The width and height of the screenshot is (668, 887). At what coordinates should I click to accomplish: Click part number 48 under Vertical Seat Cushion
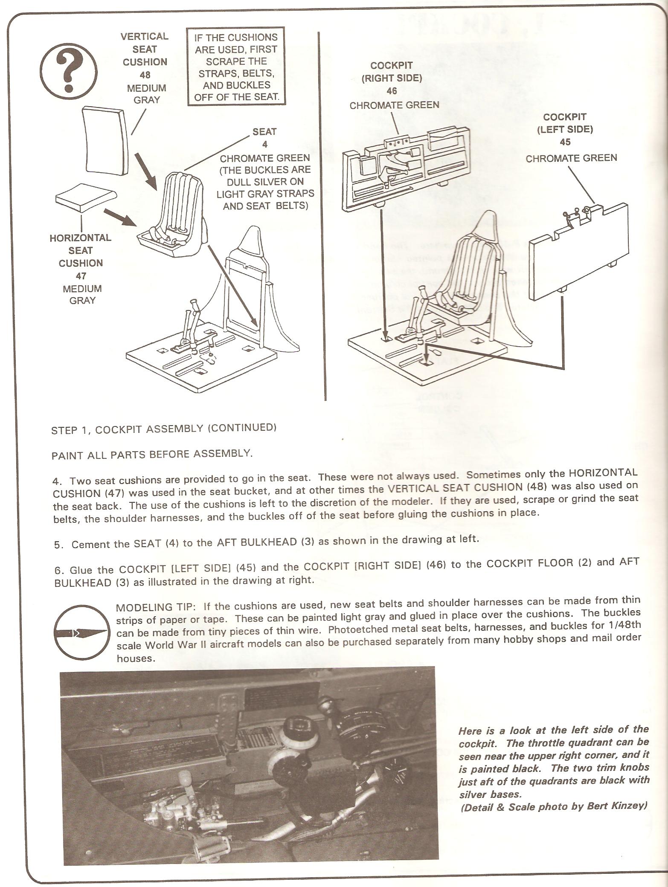pyautogui.click(x=145, y=75)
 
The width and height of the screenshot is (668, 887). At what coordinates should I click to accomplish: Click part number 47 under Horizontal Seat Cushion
pyautogui.click(x=81, y=276)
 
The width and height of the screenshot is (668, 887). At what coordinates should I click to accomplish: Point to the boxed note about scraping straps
pyautogui.click(x=236, y=67)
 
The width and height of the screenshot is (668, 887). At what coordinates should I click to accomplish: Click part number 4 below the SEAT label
pyautogui.click(x=264, y=145)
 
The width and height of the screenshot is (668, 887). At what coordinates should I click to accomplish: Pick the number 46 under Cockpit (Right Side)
pyautogui.click(x=392, y=91)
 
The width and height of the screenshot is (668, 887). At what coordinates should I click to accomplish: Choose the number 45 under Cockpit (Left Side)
pyautogui.click(x=565, y=142)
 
